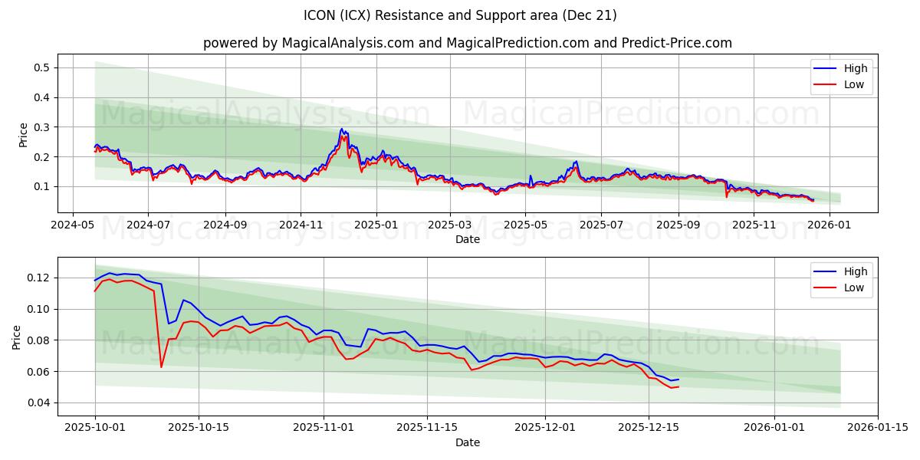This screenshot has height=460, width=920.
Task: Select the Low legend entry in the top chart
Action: [853, 84]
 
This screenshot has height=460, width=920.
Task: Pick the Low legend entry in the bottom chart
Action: [853, 287]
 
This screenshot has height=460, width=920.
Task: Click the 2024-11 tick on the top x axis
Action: [300, 225]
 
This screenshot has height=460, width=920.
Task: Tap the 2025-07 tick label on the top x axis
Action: [600, 225]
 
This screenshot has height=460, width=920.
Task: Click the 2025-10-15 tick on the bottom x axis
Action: [199, 428]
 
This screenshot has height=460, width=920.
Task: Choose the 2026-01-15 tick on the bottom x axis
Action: [878, 428]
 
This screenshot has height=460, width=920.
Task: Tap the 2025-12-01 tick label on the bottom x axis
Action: [545, 428]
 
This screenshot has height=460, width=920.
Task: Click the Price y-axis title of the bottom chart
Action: [17, 337]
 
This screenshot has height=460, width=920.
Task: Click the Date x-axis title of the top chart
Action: [467, 239]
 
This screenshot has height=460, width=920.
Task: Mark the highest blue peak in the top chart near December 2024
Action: [341, 129]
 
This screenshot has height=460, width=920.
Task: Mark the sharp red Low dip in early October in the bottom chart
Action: [161, 366]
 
